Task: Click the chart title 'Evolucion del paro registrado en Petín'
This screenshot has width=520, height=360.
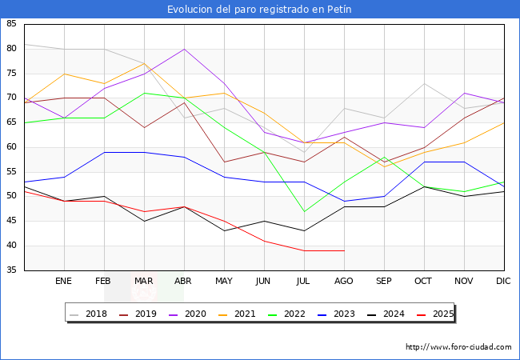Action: pyautogui.click(x=259, y=10)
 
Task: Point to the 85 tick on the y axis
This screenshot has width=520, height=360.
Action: pyautogui.click(x=11, y=24)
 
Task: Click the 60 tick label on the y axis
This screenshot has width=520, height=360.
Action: pyautogui.click(x=11, y=147)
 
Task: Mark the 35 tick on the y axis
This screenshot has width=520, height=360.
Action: pyautogui.click(x=11, y=270)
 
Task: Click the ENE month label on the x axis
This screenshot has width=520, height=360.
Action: pyautogui.click(x=63, y=282)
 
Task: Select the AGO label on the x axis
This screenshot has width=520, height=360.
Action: pyautogui.click(x=343, y=282)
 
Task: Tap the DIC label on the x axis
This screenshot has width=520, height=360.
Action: pyautogui.click(x=503, y=282)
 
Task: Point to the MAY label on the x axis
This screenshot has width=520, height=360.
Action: pyautogui.click(x=224, y=282)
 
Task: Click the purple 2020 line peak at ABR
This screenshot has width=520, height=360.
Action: pyautogui.click(x=184, y=49)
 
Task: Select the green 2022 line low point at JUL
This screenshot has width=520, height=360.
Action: pyautogui.click(x=304, y=211)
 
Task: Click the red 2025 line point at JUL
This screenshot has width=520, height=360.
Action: pyautogui.click(x=304, y=250)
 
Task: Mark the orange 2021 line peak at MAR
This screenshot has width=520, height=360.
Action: pyautogui.click(x=144, y=63)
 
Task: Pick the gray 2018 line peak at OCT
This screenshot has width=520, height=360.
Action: pyautogui.click(x=424, y=83)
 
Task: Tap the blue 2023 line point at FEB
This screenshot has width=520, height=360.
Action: pyautogui.click(x=104, y=152)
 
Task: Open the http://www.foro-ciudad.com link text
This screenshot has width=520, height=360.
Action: pyautogui.click(x=458, y=347)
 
